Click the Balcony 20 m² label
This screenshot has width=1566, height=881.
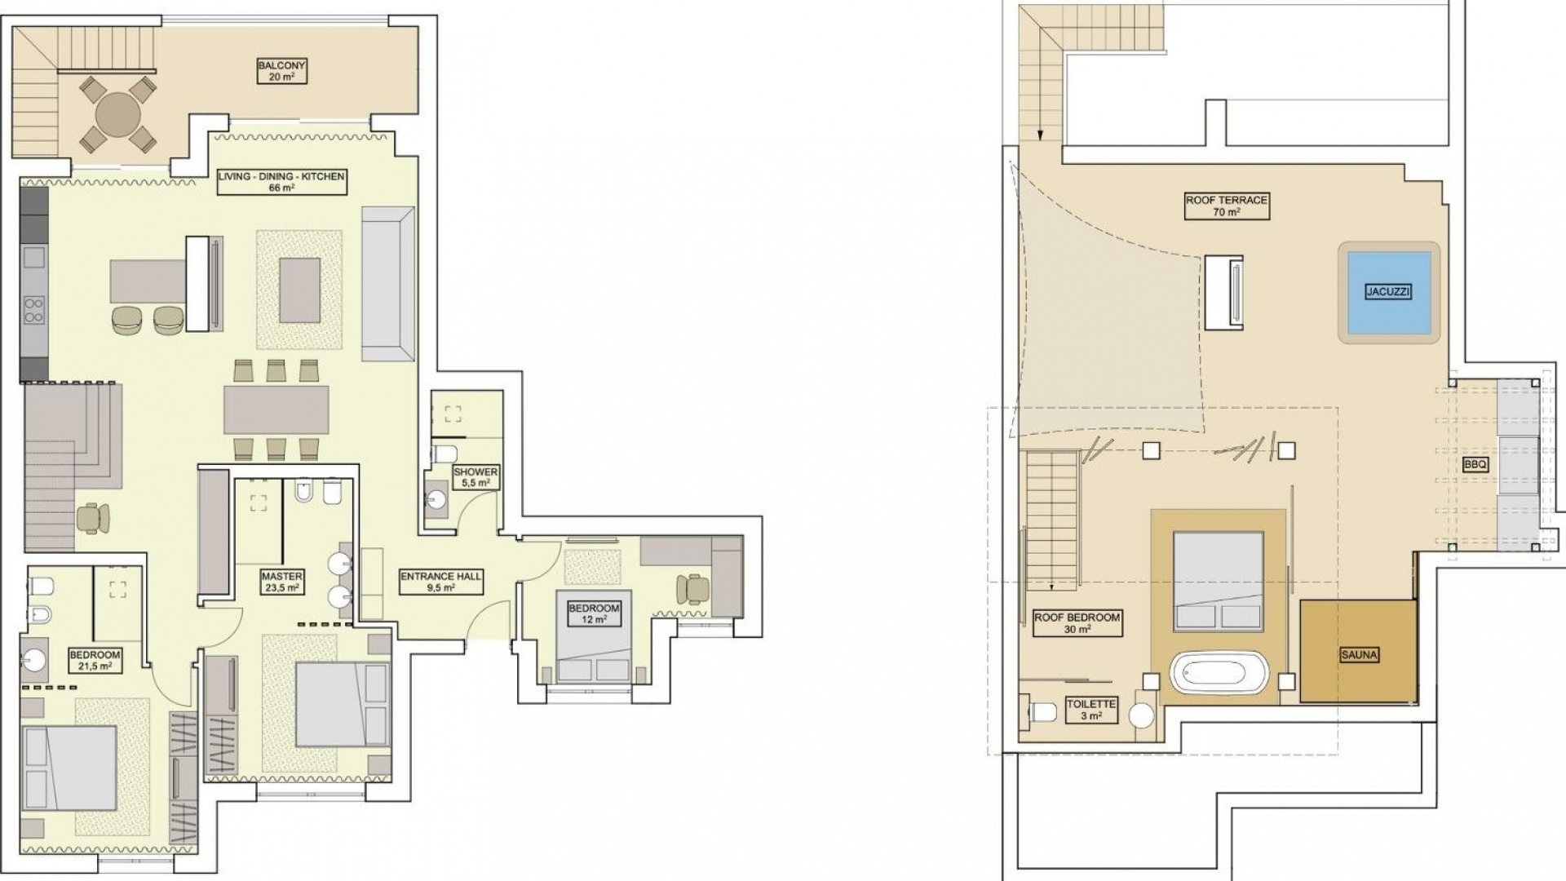[x=281, y=71]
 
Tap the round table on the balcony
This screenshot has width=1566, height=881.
[x=118, y=115]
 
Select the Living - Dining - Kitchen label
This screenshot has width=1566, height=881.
[x=281, y=182]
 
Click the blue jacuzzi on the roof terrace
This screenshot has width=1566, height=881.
[x=1388, y=292]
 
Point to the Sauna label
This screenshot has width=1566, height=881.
[x=1359, y=654]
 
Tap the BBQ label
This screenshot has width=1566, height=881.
[x=1475, y=465]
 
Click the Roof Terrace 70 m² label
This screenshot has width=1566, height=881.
[x=1226, y=206]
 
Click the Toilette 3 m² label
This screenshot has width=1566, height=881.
[x=1090, y=710]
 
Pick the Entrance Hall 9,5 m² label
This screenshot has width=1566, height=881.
[x=440, y=582]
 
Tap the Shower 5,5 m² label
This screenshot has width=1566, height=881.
[x=476, y=477]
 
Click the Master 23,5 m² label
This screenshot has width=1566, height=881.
[x=282, y=582]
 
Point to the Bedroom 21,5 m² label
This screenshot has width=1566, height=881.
[x=95, y=660]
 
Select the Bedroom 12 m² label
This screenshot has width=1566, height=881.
[x=594, y=613]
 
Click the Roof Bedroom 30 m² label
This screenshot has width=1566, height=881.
[x=1077, y=623]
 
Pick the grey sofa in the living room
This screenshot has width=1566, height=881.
[x=388, y=284]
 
